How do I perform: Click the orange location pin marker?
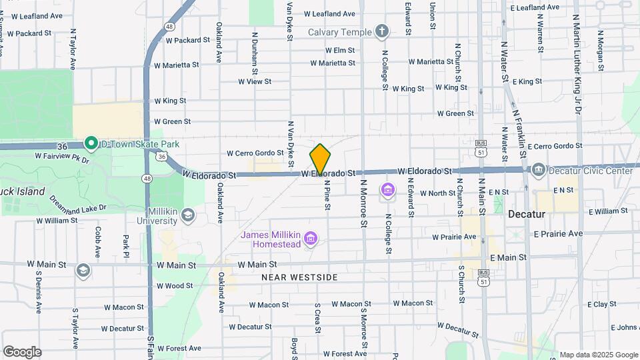pos(321,159)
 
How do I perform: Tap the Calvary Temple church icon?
pos(381,31)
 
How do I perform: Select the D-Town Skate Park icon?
pos(91,143)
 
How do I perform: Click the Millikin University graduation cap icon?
pos(188,215)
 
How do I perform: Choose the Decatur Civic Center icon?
pos(538,171)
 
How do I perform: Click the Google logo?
pos(22,351)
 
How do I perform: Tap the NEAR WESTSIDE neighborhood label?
pos(299,277)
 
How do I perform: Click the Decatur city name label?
pos(527,215)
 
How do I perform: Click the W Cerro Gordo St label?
pos(251,153)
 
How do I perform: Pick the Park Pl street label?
pos(125,246)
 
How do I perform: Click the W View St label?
pos(255,81)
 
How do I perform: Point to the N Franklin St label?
pos(519,134)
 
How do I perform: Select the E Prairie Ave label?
pos(558,234)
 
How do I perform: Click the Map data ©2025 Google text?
pos(598,355)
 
